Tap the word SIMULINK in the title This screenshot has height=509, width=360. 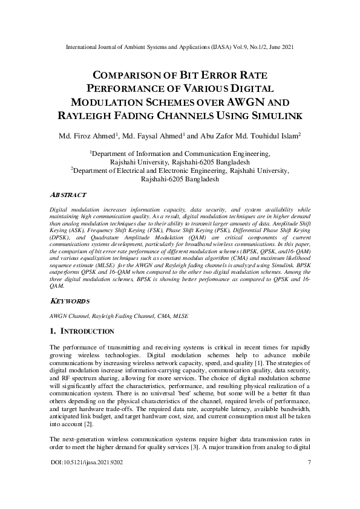269,115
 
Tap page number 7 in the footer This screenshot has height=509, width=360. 309,496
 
